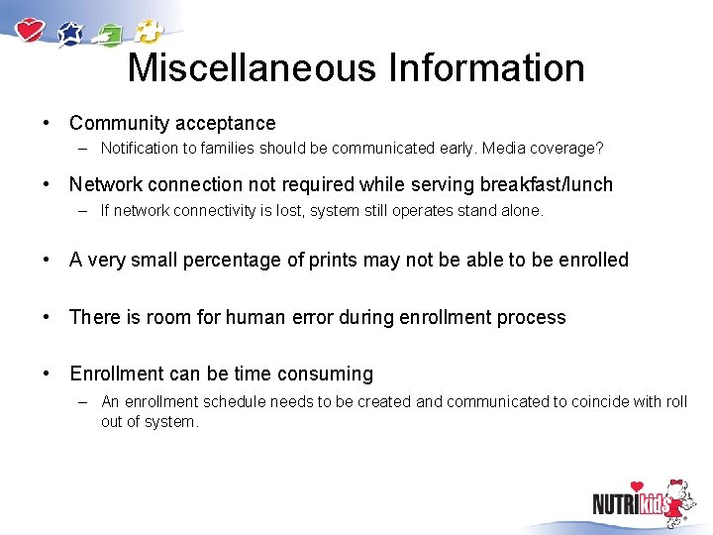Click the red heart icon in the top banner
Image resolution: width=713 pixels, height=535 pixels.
32,30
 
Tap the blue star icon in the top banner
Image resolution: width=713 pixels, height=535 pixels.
71,35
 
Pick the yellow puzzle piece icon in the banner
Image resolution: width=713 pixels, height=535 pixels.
148,31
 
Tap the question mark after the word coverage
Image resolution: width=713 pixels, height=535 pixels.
599,149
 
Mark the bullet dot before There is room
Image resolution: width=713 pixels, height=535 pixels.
47,318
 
